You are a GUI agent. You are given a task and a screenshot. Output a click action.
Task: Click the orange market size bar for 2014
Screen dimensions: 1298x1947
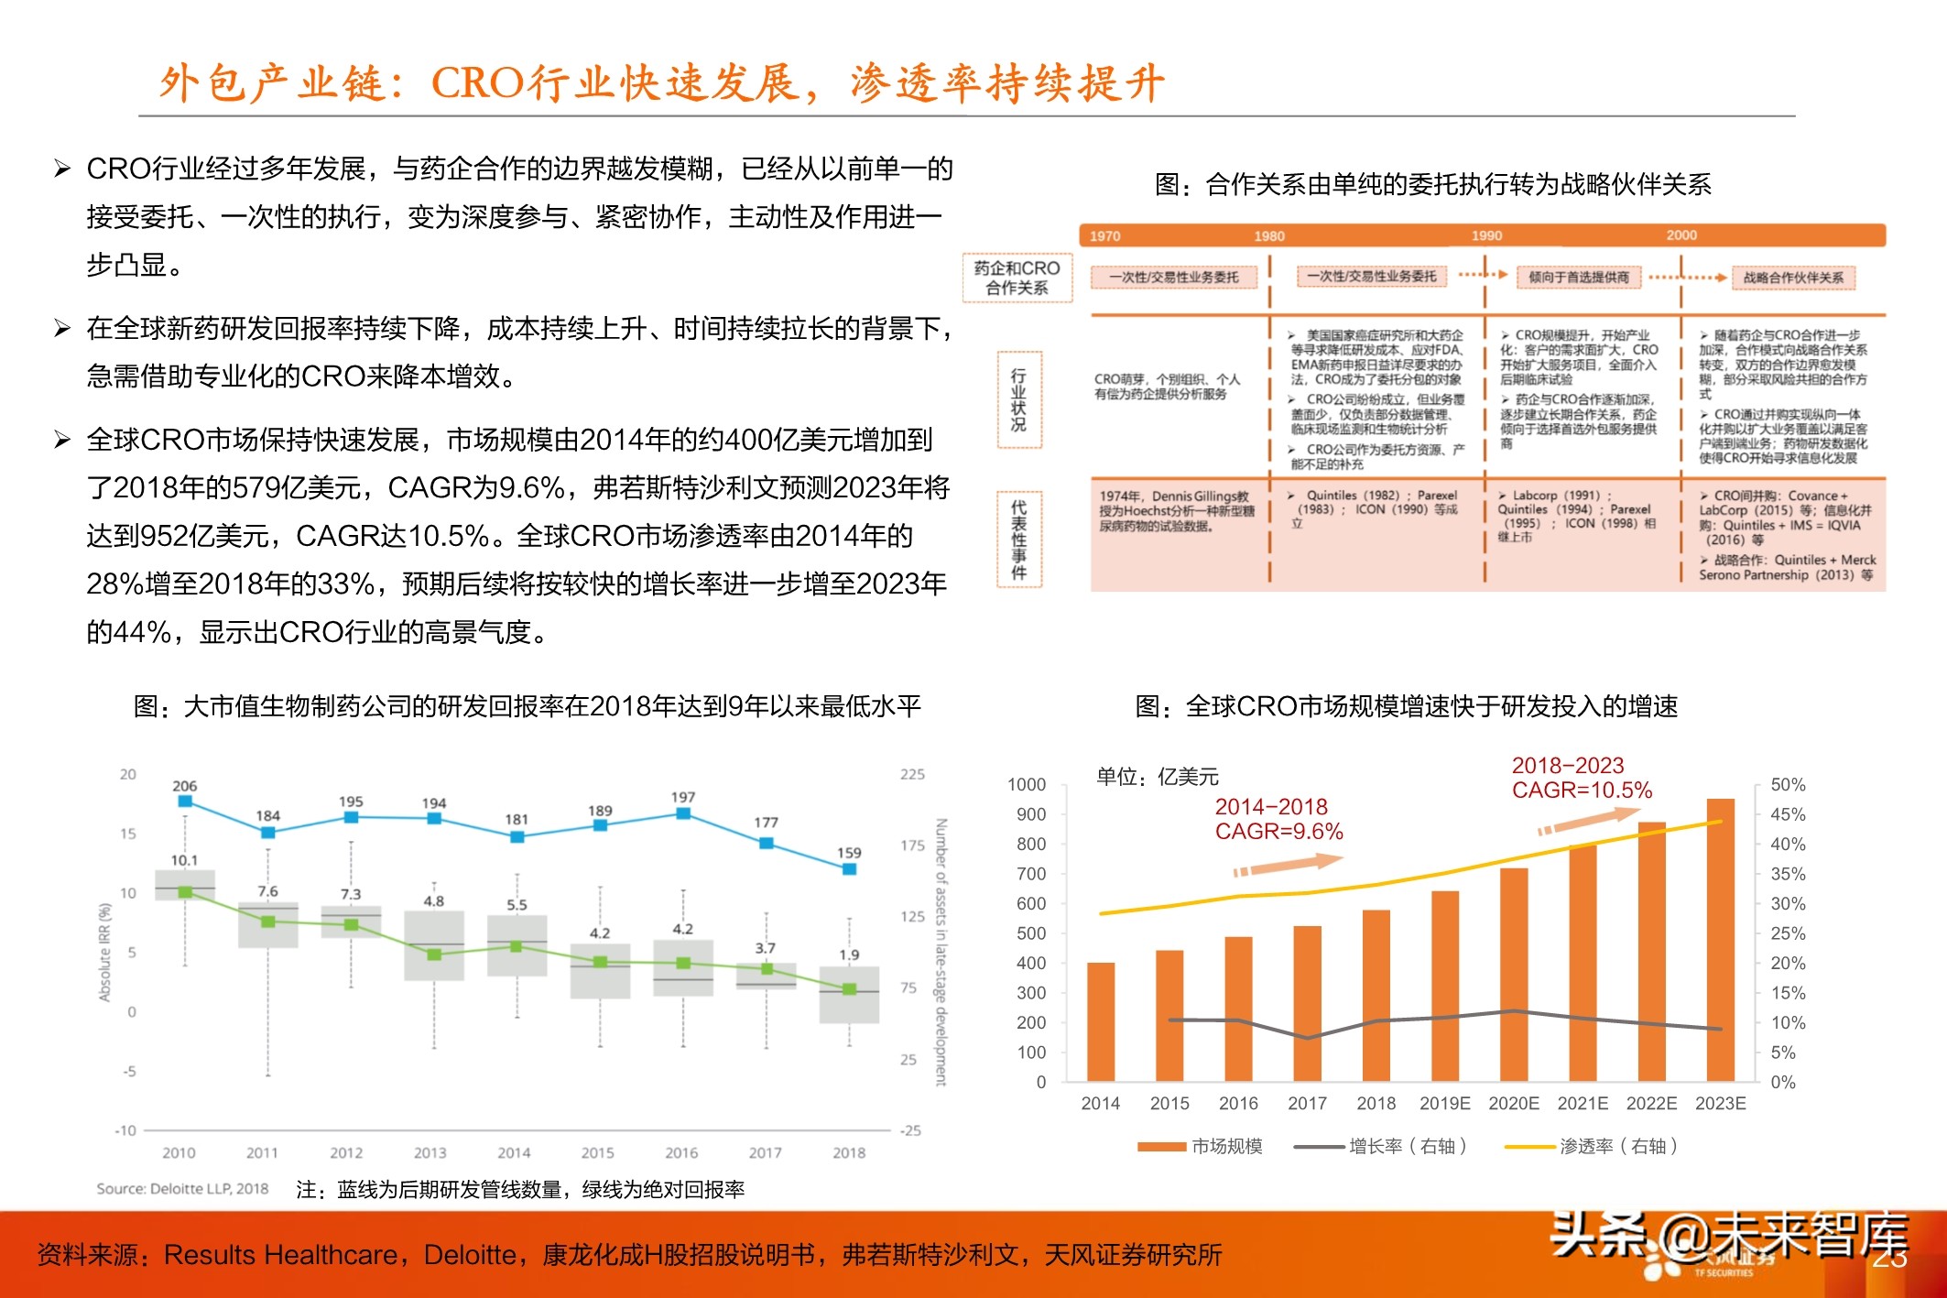(x=1100, y=1021)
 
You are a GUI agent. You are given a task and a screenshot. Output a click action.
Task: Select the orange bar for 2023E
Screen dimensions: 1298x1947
(x=1720, y=939)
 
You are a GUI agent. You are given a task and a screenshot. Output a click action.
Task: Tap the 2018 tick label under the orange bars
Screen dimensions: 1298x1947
(x=1376, y=1104)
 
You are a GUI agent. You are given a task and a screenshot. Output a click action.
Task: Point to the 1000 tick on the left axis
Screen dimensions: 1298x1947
(x=1027, y=785)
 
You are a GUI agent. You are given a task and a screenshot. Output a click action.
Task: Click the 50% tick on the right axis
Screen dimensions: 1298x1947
(x=1788, y=785)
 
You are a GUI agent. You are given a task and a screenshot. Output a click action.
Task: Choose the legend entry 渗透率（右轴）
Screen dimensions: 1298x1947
(x=1617, y=1146)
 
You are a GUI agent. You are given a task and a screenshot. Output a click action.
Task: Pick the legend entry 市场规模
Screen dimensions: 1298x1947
(x=1226, y=1146)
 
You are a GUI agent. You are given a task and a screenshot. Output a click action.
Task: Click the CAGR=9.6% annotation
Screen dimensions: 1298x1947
(x=1278, y=832)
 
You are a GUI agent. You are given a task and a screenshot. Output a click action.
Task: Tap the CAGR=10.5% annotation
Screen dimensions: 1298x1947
(x=1582, y=791)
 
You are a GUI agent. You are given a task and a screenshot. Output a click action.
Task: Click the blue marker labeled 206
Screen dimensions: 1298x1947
(x=185, y=802)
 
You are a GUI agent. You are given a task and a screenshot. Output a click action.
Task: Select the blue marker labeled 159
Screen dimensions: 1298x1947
(x=849, y=869)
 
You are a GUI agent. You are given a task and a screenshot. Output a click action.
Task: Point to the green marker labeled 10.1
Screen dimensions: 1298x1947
(x=185, y=891)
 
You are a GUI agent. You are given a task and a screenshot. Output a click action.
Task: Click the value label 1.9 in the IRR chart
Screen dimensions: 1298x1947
(x=849, y=954)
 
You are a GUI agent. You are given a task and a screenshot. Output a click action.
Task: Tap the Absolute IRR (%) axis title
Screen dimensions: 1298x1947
(x=105, y=953)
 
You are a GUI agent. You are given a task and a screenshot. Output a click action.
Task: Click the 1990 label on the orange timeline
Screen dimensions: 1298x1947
(x=1486, y=235)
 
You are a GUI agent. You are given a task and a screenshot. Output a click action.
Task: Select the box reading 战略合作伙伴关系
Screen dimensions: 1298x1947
(x=1792, y=278)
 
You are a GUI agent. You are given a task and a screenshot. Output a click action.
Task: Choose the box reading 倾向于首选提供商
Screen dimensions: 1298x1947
(x=1578, y=278)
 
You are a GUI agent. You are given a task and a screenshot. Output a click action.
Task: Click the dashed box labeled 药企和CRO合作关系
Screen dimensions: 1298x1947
(x=1017, y=278)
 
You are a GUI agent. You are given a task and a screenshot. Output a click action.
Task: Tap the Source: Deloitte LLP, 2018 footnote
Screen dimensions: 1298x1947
(x=182, y=1189)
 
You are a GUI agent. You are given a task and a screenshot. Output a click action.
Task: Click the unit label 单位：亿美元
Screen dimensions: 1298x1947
(x=1158, y=777)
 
